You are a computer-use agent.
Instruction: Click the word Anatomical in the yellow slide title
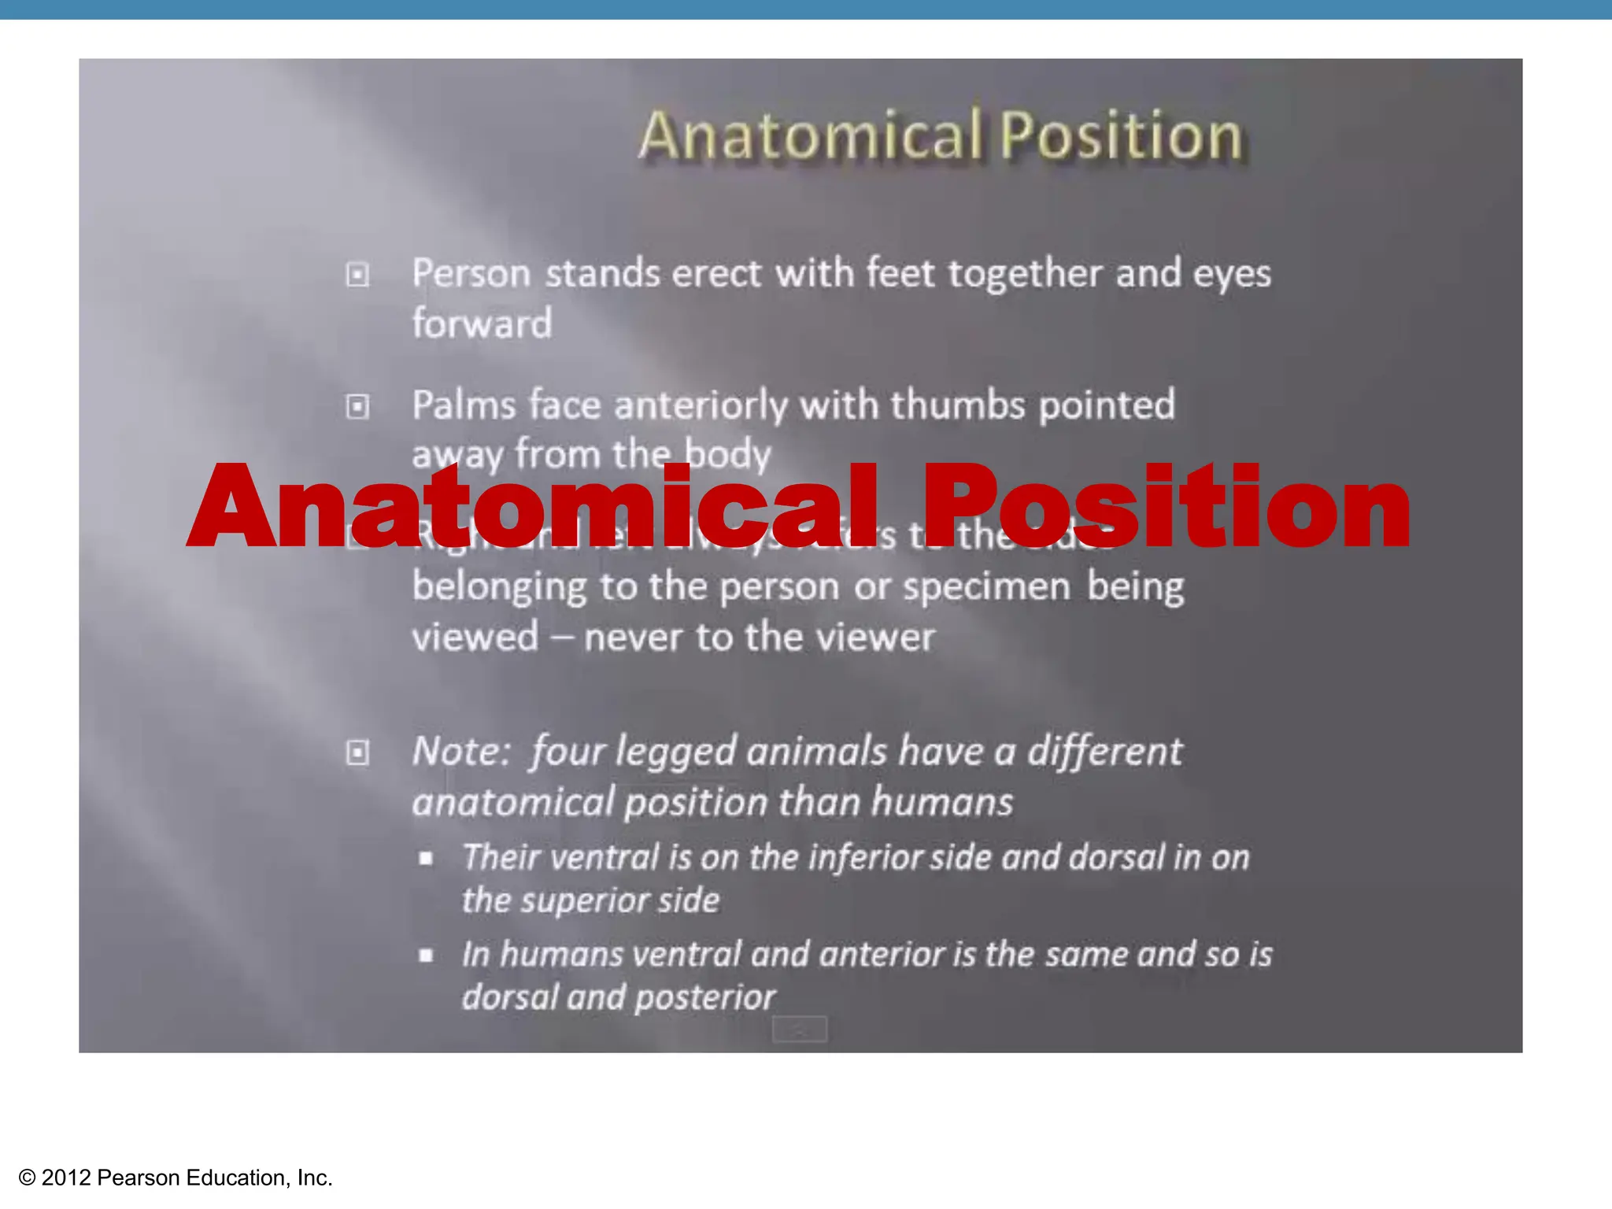[x=811, y=136]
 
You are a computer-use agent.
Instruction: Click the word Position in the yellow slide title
[x=1122, y=136]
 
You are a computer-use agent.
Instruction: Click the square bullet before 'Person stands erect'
[x=357, y=275]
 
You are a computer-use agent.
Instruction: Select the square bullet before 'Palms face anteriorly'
[x=357, y=407]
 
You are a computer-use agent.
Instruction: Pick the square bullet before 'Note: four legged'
[x=357, y=752]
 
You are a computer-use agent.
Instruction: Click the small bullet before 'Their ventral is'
[x=426, y=859]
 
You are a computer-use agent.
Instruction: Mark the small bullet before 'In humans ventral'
[x=426, y=956]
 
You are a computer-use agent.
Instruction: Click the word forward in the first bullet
[x=482, y=324]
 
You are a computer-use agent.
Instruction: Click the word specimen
[x=986, y=587]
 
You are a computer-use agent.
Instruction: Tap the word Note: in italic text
[x=462, y=752]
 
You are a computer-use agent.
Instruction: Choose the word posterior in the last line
[x=705, y=998]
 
